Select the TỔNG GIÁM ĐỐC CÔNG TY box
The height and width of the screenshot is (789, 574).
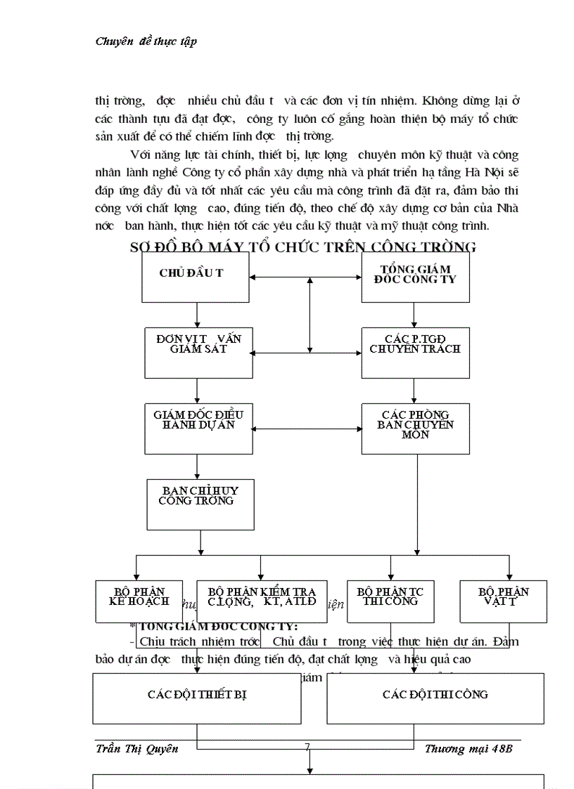pos(415,277)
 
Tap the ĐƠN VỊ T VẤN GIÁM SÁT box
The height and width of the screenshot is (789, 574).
pos(198,352)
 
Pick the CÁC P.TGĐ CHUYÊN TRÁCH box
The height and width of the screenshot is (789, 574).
pos(415,352)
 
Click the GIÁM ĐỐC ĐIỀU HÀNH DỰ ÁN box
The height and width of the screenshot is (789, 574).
pos(198,428)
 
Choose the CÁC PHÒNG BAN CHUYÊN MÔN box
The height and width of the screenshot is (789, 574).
pos(415,428)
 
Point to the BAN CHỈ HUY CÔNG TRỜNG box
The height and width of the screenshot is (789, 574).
pos(200,504)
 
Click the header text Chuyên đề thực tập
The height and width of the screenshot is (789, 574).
pos(146,41)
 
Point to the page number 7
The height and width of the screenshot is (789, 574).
pos(307,748)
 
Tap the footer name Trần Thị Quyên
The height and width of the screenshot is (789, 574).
pos(136,748)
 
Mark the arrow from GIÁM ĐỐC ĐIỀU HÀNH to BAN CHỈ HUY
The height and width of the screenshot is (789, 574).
pos(198,467)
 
